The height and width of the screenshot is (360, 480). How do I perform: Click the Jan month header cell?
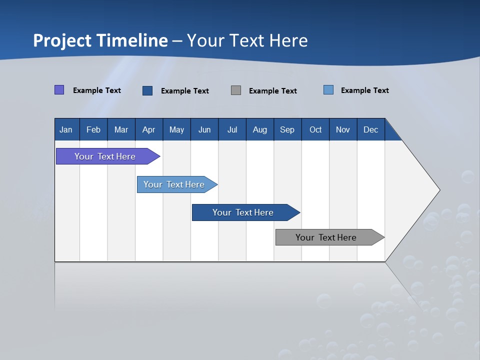(66, 129)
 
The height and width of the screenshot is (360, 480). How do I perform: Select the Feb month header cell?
(93, 129)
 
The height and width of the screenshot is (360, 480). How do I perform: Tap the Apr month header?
(149, 129)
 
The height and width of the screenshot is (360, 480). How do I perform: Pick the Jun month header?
(204, 129)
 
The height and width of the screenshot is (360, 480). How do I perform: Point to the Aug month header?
(260, 129)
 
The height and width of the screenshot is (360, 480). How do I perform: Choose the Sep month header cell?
(287, 129)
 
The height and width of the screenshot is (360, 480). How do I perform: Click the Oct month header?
(315, 129)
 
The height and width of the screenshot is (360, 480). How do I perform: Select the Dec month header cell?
(371, 129)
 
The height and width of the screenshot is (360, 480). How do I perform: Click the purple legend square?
(59, 90)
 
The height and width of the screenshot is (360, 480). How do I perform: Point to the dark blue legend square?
(147, 90)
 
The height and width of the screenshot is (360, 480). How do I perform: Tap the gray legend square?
(236, 90)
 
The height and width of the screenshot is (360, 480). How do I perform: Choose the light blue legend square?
(328, 90)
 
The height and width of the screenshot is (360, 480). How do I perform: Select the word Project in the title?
(62, 40)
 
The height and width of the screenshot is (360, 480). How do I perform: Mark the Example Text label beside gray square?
(273, 91)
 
